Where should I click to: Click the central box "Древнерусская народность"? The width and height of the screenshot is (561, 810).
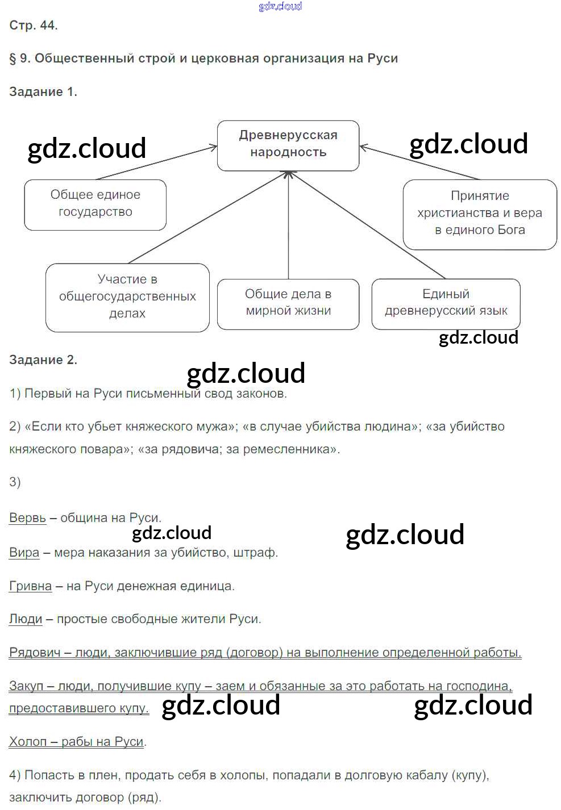(x=288, y=145)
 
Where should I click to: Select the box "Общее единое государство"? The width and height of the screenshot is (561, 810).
(x=95, y=204)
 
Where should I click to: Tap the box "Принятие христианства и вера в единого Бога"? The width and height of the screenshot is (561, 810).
(x=480, y=214)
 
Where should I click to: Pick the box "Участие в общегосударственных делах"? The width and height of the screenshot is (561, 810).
(x=127, y=297)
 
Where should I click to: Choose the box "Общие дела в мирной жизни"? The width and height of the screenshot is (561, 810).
(x=288, y=303)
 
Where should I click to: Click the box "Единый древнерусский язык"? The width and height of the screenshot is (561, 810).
(x=446, y=303)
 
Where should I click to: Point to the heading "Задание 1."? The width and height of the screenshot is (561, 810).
(x=43, y=92)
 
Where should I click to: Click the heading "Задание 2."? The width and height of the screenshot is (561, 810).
(x=43, y=360)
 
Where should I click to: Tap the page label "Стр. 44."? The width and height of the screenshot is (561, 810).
(x=34, y=26)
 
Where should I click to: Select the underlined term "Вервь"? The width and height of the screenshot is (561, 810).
(x=27, y=518)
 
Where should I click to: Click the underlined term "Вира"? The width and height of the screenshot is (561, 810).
(x=24, y=553)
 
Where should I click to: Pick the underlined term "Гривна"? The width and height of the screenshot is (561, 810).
(x=30, y=586)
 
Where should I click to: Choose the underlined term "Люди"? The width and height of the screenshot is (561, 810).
(x=26, y=619)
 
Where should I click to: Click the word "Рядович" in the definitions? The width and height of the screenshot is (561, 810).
(x=35, y=653)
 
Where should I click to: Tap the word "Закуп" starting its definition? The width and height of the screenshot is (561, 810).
(x=26, y=686)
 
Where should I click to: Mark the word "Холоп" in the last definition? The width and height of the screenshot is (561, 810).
(x=28, y=742)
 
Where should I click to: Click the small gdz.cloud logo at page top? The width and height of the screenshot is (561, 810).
(x=280, y=6)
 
